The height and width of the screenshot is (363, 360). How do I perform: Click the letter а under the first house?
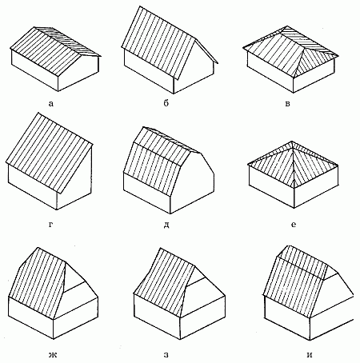pyautogui.click(x=51, y=103)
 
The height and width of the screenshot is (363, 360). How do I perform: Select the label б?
pyautogui.click(x=166, y=103)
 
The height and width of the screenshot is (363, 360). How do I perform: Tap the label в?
pyautogui.click(x=287, y=104)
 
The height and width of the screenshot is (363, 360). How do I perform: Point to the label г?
pyautogui.click(x=50, y=225)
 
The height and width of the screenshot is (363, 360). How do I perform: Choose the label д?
pyautogui.click(x=166, y=225)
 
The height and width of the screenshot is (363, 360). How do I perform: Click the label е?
pyautogui.click(x=294, y=225)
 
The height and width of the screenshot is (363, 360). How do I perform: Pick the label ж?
pyautogui.click(x=53, y=355)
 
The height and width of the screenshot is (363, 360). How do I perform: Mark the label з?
pyautogui.click(x=166, y=355)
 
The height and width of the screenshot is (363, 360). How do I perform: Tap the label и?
pyautogui.click(x=310, y=355)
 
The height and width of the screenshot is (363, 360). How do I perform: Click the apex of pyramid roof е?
pyautogui.click(x=292, y=142)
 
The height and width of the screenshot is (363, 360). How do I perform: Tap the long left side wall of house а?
pyautogui.click(x=34, y=70)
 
